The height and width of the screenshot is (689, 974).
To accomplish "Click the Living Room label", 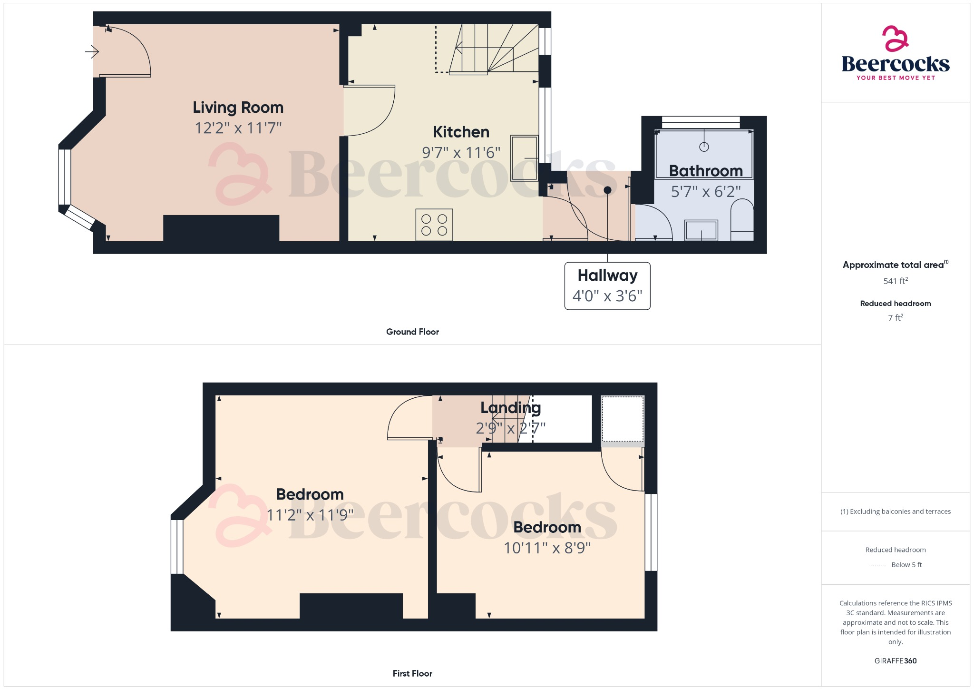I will point(238,108).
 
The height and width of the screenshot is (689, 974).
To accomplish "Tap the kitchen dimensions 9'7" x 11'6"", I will point(461,153).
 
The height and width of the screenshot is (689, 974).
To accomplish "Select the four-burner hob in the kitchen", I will point(434,225).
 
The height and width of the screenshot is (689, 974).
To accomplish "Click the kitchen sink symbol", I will point(524,158).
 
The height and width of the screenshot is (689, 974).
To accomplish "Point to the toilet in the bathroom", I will point(742,220).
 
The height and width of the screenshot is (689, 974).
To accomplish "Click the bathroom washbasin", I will point(701,231).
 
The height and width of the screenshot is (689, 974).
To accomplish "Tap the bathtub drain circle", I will point(704,147).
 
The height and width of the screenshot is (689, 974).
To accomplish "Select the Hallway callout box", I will point(607,286).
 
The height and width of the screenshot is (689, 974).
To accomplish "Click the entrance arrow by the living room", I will point(92,51).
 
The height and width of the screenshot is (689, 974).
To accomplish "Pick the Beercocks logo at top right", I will point(896,53).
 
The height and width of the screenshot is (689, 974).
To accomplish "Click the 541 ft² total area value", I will point(896,281).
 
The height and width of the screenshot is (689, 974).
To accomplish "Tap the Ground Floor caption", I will point(412,332).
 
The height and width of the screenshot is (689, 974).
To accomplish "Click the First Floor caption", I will point(412,674).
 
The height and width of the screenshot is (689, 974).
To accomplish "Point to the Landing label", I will point(510,408).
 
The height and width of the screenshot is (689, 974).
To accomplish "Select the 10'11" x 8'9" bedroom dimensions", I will point(547,548).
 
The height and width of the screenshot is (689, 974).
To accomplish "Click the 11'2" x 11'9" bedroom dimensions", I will point(310,515).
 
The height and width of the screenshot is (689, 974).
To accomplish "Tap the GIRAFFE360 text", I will point(896,661).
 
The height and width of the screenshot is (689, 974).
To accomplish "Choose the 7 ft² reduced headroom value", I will point(896,318).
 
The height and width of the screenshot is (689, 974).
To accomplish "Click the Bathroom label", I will point(706,171).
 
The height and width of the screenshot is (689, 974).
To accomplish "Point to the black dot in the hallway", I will point(607,190).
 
